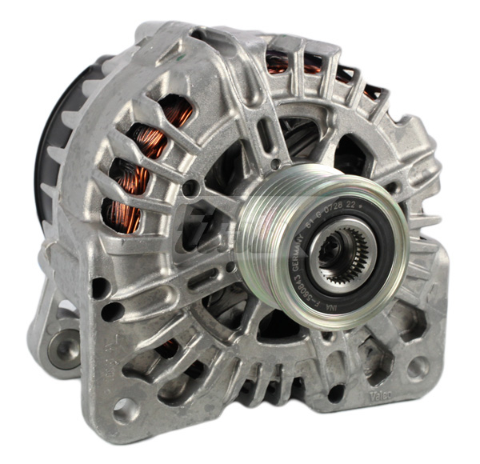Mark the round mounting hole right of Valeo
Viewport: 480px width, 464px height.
point(417,367)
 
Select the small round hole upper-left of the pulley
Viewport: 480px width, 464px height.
point(190,189)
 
